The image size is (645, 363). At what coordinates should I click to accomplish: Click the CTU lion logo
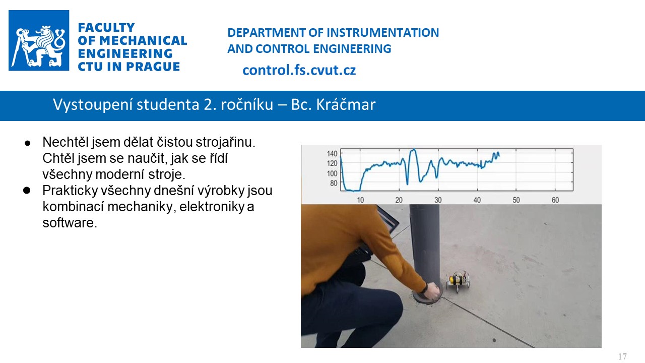39,40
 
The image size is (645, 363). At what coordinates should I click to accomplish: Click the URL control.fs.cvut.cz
299,70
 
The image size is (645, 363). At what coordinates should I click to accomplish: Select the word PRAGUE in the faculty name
153,67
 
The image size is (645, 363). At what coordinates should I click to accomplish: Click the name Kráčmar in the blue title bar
346,104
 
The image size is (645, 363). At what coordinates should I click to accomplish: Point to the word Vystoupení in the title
93,105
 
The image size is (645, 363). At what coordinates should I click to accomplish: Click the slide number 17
622,356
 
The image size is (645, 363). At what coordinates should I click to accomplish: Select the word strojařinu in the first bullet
225,142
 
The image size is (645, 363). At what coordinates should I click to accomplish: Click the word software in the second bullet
70,223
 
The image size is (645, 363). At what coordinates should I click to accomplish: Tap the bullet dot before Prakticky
27,190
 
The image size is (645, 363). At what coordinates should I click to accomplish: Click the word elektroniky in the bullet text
212,207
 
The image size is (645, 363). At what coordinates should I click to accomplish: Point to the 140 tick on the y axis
332,154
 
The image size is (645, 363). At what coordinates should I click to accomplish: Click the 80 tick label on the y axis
334,183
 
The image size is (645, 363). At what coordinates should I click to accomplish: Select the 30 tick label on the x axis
438,200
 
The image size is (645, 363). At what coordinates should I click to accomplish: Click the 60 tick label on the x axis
555,200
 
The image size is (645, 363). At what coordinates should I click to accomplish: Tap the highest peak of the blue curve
414,150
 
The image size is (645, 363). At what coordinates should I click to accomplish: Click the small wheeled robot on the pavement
458,281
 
